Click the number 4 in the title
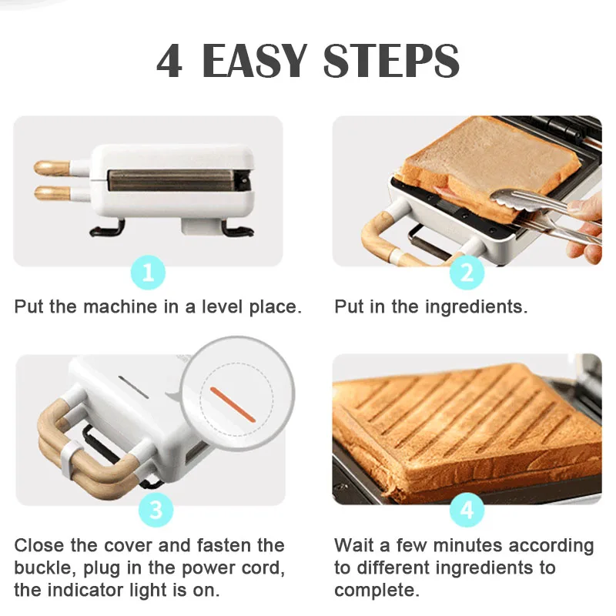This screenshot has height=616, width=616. pos(169,61)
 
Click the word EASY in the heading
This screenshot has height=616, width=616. pos(254,61)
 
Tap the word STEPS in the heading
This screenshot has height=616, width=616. pos(391,61)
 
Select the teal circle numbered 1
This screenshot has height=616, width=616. pos(148,273)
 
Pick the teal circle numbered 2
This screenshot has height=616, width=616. pos(467,273)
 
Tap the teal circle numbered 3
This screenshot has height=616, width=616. pos(156,510)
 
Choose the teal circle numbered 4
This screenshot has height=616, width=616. pos(467,510)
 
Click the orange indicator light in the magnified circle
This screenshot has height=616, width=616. pos(233,405)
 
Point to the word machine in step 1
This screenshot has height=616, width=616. pos(120,306)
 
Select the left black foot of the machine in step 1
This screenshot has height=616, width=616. pos(105,229)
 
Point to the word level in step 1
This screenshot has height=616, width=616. pos(223,306)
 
